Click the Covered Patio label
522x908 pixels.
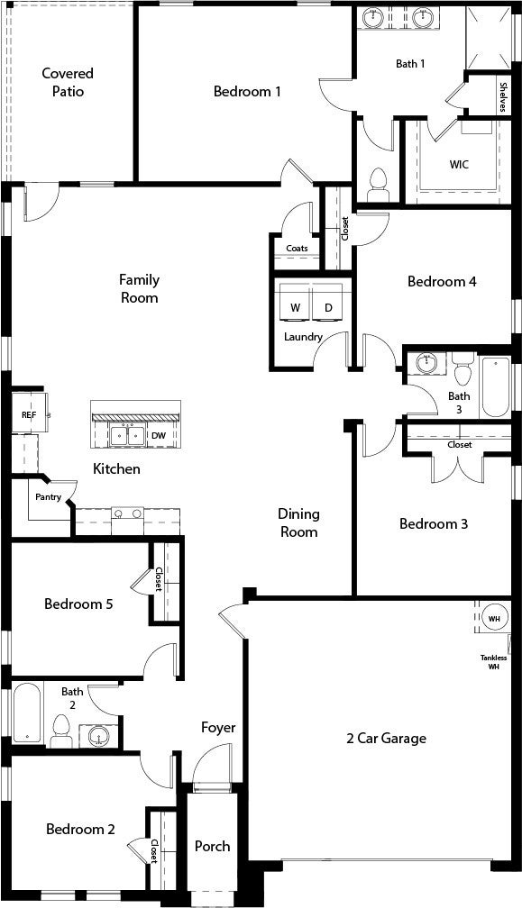coord(68,82)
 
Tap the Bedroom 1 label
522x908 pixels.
coord(247,91)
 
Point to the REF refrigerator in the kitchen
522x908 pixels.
coord(28,414)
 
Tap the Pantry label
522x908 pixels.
coord(48,496)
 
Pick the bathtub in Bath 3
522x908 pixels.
coord(495,387)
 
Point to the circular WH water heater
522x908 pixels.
coord(494,619)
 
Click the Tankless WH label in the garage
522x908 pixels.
coord(494,662)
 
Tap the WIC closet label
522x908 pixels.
coord(459,165)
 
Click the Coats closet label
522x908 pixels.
coord(297,249)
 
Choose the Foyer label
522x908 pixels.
coord(218,727)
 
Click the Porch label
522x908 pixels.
coord(213,846)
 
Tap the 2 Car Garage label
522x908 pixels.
coord(387,739)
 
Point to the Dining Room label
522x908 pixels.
coord(298,522)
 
